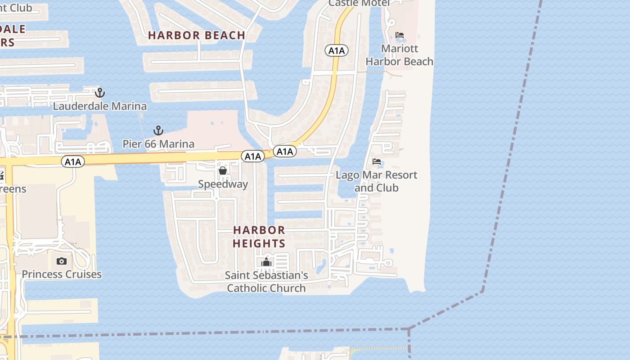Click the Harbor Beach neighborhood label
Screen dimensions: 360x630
coord(197,35)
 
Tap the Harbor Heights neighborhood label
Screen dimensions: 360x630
coord(259,237)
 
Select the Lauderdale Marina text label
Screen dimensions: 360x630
coord(100,106)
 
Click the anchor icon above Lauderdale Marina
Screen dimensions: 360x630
coord(100,93)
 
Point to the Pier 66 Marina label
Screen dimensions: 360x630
coord(158,144)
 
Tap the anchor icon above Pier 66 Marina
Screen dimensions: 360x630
coord(158,130)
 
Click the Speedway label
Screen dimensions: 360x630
coord(223,184)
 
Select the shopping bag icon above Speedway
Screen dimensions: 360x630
coord(223,171)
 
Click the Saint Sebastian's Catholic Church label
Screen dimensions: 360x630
coord(266,281)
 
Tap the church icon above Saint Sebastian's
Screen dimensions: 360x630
coord(266,261)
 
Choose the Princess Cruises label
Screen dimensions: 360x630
coord(62,274)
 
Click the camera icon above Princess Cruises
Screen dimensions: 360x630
coord(62,261)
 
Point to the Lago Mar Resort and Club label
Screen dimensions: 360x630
coord(377,181)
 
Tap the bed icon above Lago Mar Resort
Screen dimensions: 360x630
coord(377,162)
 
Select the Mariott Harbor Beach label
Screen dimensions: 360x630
coord(400,55)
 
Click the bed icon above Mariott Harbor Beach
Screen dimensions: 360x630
coord(400,35)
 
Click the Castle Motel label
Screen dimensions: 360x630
coord(359,3)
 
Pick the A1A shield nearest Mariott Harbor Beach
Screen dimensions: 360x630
coord(337,51)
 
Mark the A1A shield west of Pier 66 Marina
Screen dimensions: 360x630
coord(73,162)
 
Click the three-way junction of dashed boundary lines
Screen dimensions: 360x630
coord(409,329)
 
